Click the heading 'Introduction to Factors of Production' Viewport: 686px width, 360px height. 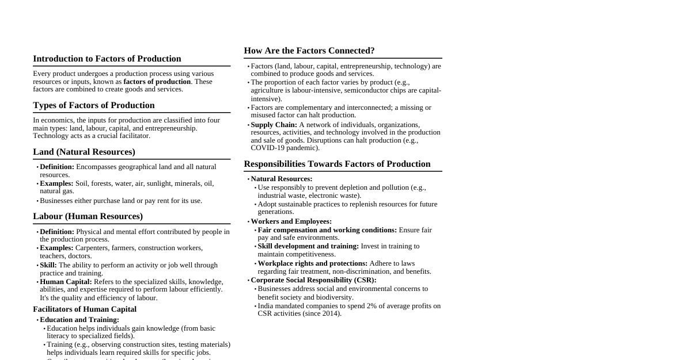[107, 59]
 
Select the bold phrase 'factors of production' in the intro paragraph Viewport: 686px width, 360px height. [157, 82]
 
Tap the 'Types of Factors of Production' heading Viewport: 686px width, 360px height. [93, 105]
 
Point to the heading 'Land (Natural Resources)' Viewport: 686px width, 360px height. [84, 152]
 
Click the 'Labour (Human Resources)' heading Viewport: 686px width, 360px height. [88, 216]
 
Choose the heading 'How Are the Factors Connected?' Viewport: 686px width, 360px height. [309, 51]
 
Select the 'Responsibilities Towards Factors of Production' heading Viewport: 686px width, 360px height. [337, 164]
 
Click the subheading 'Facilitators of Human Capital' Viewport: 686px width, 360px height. [85, 309]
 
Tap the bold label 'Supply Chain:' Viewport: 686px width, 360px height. [274, 125]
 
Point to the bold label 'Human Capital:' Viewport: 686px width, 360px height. [66, 282]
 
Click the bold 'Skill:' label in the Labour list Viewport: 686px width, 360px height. [48, 265]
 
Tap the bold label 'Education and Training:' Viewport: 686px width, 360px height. [79, 320]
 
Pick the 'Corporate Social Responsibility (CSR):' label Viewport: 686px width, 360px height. [313, 280]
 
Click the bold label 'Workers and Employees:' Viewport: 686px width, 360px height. [291, 221]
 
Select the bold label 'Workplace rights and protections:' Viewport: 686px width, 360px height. [312, 263]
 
